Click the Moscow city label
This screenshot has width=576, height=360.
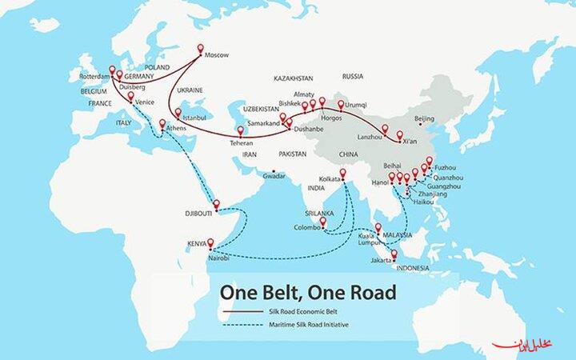pyautogui.click(x=218, y=54)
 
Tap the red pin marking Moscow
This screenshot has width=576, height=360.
pyautogui.click(x=199, y=48)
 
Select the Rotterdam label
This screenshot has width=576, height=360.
pyautogui.click(x=94, y=76)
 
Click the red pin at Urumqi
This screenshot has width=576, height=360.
pyautogui.click(x=341, y=105)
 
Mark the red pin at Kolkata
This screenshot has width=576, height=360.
pyautogui.click(x=343, y=174)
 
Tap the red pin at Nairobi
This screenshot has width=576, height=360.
pyautogui.click(x=210, y=244)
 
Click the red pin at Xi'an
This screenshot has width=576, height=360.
pyautogui.click(x=399, y=135)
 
